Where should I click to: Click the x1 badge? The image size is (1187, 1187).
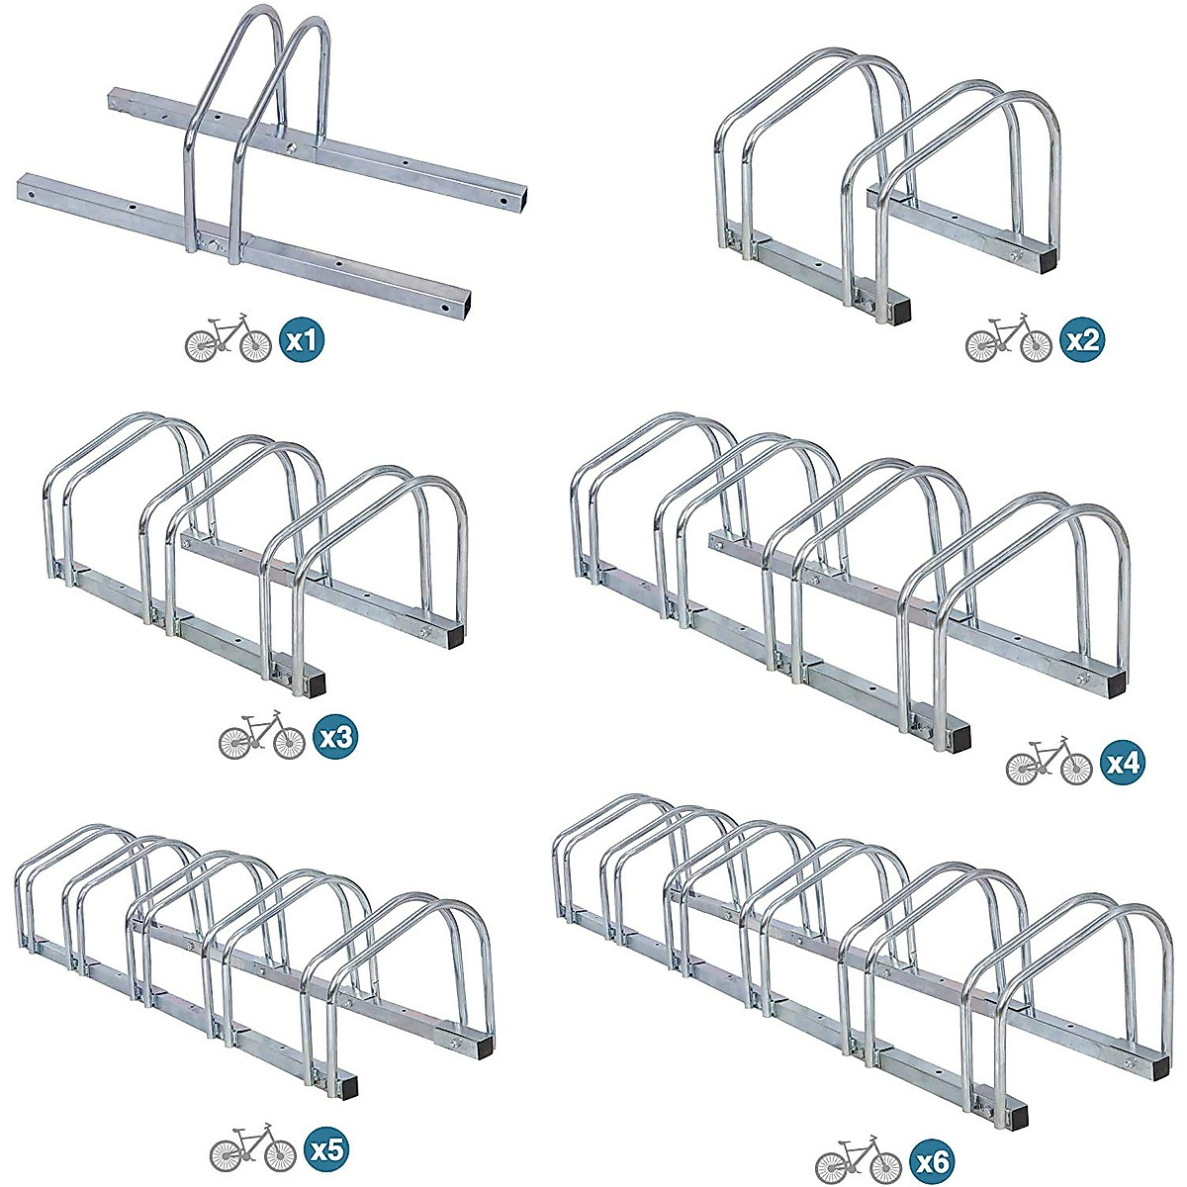pos(301,342)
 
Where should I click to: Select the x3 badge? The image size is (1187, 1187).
pos(333,738)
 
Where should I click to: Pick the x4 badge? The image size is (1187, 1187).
pos(1122,763)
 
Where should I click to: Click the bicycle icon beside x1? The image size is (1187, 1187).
pos(228,342)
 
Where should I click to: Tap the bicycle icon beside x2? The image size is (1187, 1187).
pos(1008,342)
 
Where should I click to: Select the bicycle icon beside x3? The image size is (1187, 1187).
pos(261,738)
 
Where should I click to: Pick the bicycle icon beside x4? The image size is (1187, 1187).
pos(1049,763)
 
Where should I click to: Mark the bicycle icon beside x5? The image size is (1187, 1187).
pos(253,1149)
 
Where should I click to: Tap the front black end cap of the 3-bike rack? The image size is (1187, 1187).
pos(316,683)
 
